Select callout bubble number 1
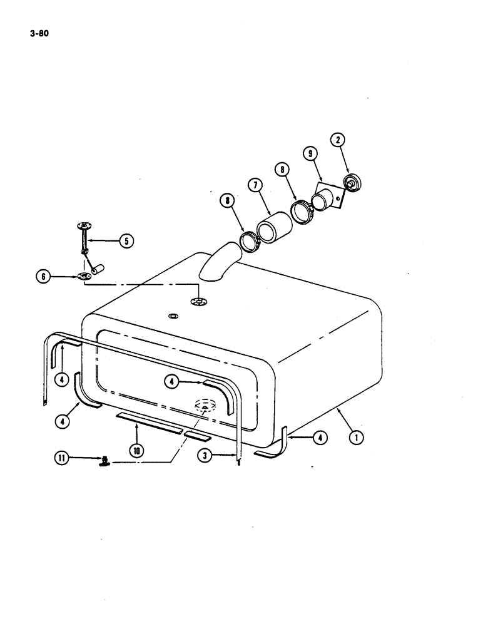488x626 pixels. [x=357, y=438]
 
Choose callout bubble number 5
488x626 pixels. [x=127, y=239]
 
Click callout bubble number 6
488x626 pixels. [x=44, y=276]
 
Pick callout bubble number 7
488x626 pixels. [x=255, y=185]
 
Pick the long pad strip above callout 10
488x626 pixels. [x=149, y=419]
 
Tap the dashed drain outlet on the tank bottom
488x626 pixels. [x=206, y=406]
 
